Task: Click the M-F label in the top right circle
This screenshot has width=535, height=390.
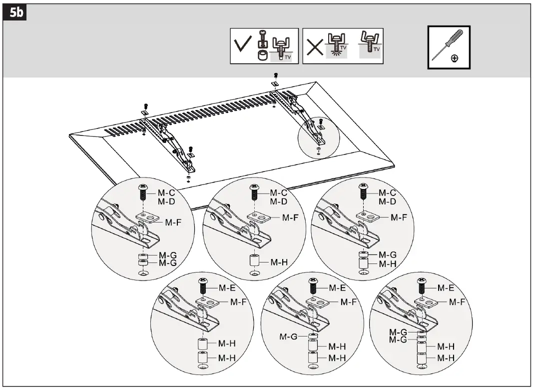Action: [x=398, y=217]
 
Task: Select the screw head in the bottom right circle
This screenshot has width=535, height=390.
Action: [x=421, y=282]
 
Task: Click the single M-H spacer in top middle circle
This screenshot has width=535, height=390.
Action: [x=255, y=260]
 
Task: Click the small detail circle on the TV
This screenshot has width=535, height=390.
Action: [x=318, y=136]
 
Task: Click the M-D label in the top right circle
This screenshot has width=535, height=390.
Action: [x=387, y=201]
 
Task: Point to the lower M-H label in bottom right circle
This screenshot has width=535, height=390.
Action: [x=446, y=357]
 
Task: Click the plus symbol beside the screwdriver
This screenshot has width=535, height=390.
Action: [x=454, y=58]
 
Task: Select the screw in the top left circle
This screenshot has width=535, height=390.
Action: [x=142, y=190]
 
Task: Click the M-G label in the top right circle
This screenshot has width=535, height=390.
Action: [x=387, y=255]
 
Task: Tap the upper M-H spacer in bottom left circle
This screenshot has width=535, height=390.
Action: [x=203, y=344]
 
